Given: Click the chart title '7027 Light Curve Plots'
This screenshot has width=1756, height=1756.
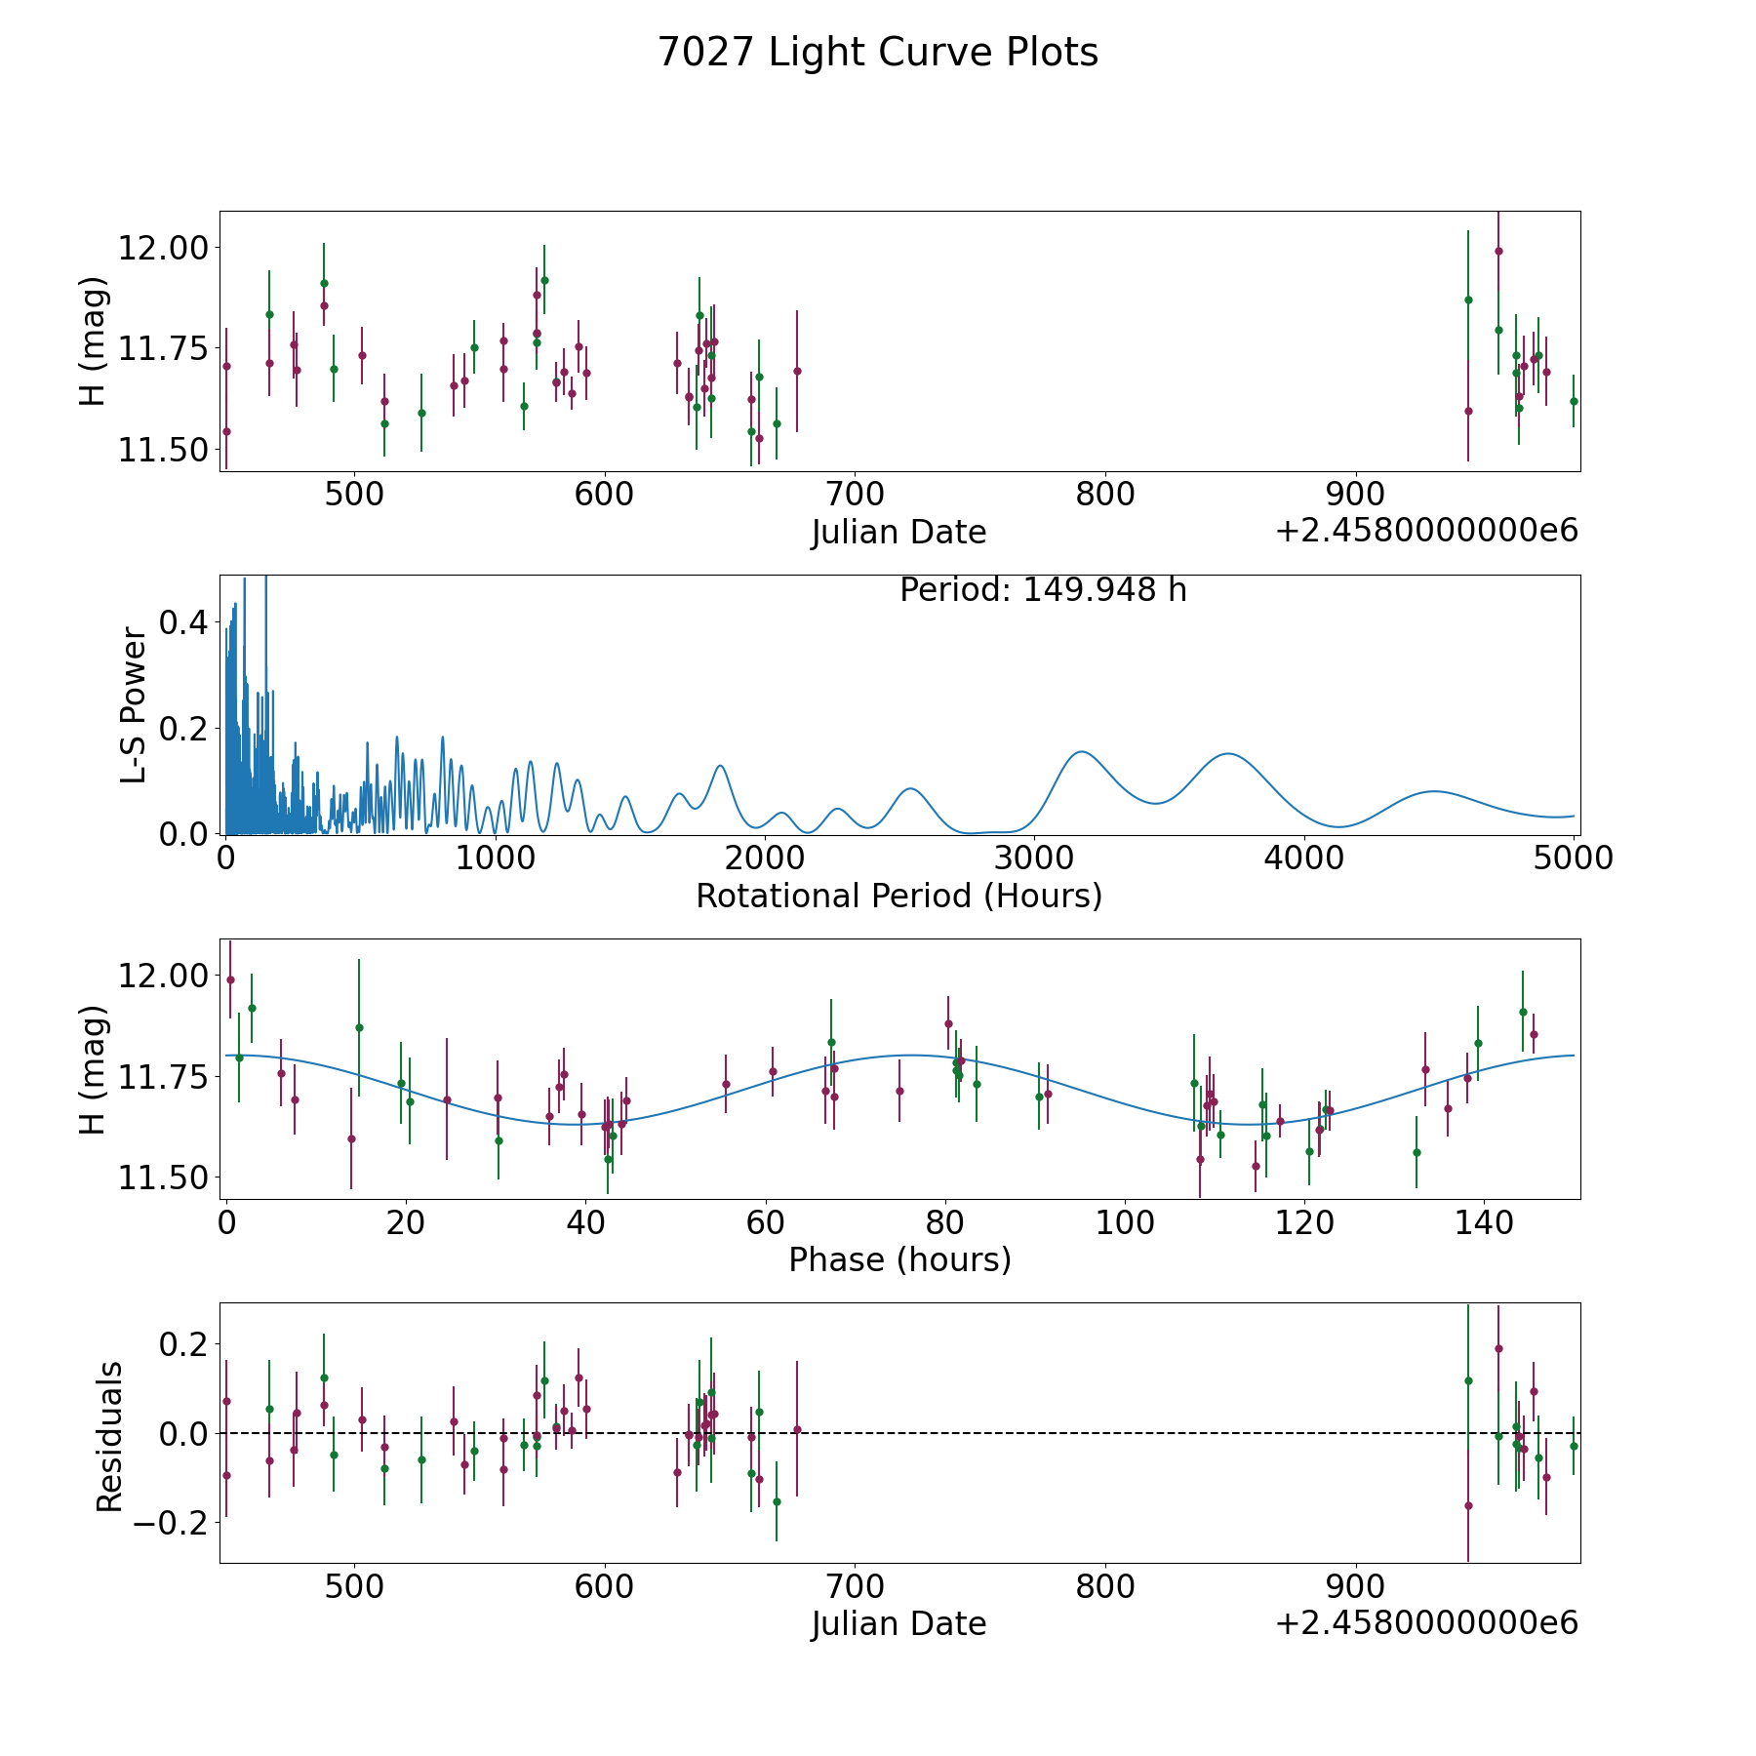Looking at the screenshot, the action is click(878, 53).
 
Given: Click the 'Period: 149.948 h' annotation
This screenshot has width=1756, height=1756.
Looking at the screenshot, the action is click(1043, 590).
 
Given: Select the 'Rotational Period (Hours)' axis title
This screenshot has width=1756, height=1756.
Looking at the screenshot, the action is click(898, 896).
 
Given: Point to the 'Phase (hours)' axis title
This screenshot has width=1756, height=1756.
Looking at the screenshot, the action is click(899, 1259).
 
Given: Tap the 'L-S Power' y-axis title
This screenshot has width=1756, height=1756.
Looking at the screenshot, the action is click(134, 705).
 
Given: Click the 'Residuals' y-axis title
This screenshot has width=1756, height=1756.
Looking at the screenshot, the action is click(110, 1437).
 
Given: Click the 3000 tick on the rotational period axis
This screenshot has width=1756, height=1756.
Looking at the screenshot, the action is click(1033, 858).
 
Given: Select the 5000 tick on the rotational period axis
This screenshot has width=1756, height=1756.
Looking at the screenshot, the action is click(1573, 858).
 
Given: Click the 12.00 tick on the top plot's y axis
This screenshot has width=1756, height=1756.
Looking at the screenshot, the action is click(164, 248).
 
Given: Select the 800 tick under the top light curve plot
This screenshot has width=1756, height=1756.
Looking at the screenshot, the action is click(1105, 494).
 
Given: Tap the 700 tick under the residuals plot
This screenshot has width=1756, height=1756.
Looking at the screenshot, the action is click(855, 1586).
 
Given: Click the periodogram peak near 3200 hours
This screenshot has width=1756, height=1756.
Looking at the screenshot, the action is click(1081, 751).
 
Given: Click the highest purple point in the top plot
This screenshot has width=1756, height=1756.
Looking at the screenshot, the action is click(1498, 251).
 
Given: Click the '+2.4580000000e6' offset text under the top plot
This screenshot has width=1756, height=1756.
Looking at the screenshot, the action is click(1426, 531).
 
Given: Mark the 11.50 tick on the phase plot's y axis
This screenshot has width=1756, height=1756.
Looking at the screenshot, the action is click(164, 1178).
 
